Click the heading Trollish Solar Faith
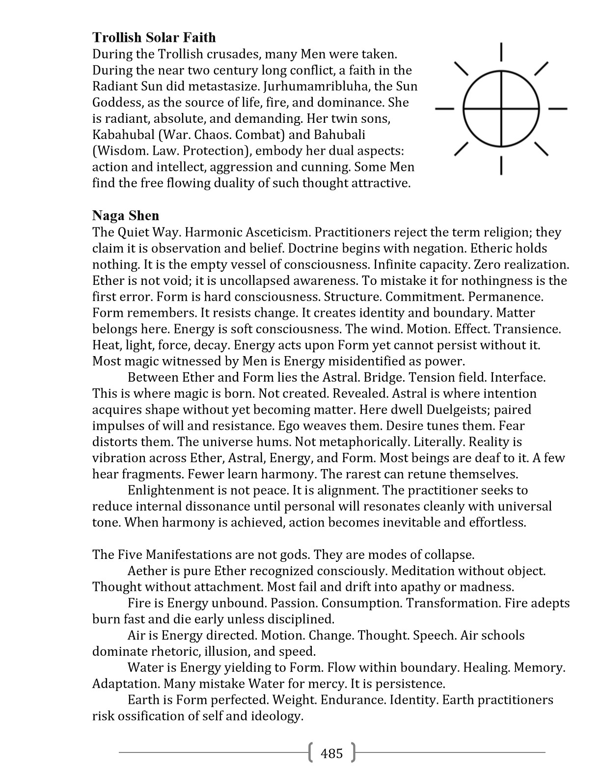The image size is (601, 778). (154, 37)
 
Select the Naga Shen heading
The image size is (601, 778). (126, 216)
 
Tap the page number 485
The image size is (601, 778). (331, 753)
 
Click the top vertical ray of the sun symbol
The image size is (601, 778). (501, 52)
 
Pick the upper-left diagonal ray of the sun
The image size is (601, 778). (461, 69)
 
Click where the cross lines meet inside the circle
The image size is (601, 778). (501, 108)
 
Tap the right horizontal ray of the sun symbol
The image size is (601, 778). (557, 108)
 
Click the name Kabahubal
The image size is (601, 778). (123, 135)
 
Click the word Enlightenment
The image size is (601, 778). (171, 490)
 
